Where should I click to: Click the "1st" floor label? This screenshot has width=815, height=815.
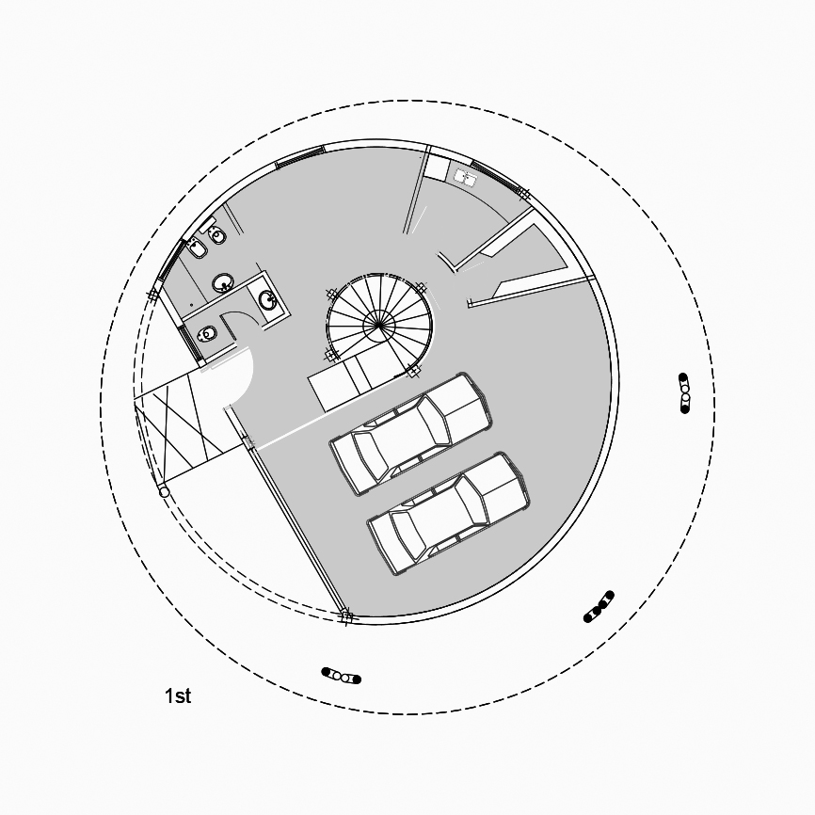pos(178,695)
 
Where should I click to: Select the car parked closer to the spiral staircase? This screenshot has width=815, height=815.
pos(410,434)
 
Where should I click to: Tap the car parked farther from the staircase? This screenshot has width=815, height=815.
pos(449,514)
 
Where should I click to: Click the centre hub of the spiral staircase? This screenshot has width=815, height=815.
pos(379,325)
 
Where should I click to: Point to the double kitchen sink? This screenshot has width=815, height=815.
pos(466,177)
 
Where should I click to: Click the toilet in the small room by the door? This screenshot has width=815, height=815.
pos(207,333)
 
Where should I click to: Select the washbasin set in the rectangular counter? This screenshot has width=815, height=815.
pos(267,300)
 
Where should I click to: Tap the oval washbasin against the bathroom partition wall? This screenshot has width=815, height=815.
pos(223,283)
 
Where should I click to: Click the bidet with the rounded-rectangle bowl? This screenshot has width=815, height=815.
pos(197,249)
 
